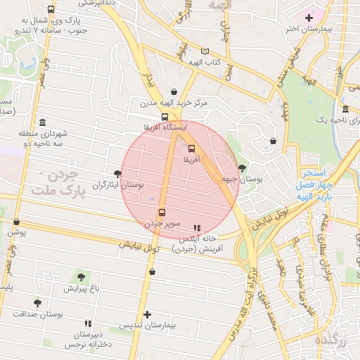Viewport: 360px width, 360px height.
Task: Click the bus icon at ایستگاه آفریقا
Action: pyautogui.click(x=165, y=117)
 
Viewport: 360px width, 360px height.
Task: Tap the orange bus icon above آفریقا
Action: pyautogui.click(x=191, y=148)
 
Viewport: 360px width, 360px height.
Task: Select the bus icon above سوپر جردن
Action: pyautogui.click(x=162, y=212)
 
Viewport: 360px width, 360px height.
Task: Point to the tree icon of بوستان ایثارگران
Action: pyautogui.click(x=117, y=173)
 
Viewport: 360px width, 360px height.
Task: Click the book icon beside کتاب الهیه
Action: pyautogui.click(x=205, y=51)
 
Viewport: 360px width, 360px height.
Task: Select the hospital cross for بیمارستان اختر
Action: pyautogui.click(x=309, y=17)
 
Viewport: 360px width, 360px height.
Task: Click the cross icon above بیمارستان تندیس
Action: pyautogui.click(x=147, y=314)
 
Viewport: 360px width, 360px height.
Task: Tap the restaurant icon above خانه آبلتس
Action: pyautogui.click(x=197, y=228)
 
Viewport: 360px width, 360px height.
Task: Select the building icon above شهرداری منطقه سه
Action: pyautogui.click(x=43, y=122)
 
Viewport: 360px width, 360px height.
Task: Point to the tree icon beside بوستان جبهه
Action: pyautogui.click(x=243, y=167)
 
